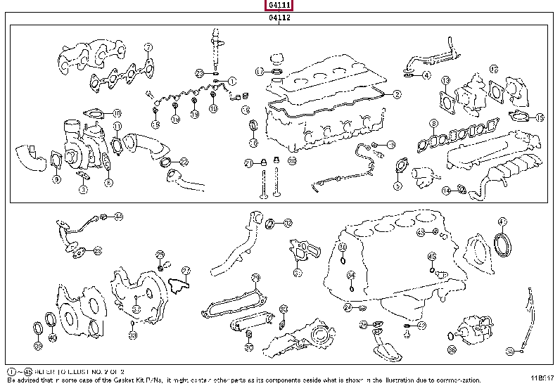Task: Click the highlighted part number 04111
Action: point(279,6)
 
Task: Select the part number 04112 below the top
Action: point(279,18)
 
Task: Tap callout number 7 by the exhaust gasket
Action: point(148,48)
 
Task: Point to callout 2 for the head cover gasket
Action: point(397,94)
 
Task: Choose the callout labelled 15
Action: point(540,117)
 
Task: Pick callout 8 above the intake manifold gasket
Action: point(434,124)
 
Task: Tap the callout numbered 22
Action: point(184,162)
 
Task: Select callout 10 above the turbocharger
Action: point(117,112)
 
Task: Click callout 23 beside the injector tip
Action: point(200,72)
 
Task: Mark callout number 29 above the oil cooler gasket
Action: point(256,277)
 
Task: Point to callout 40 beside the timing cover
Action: point(52,337)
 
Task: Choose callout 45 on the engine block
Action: point(432,256)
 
